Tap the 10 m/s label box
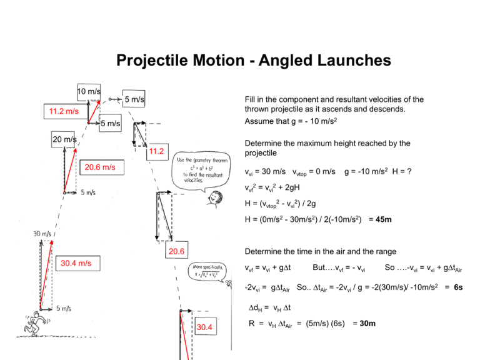click(x=89, y=91)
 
